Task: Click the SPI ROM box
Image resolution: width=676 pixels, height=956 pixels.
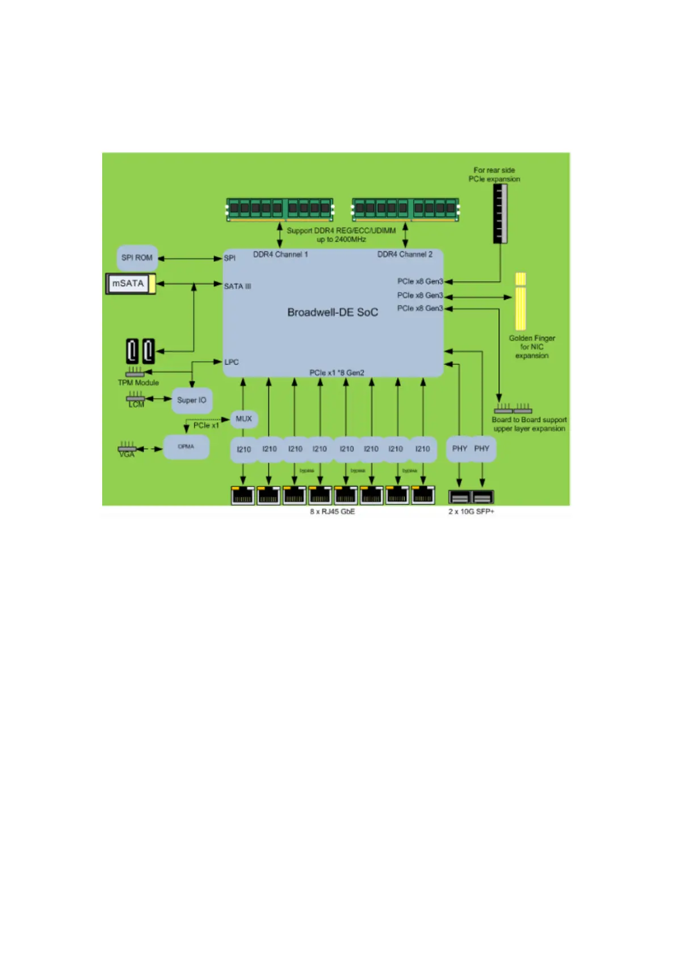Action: coord(137,258)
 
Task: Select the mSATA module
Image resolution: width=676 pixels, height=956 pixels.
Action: coord(130,284)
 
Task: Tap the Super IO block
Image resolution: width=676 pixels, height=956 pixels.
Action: coord(192,400)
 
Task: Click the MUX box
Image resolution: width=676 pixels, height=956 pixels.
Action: coord(243,419)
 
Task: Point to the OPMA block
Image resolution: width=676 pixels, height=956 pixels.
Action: coord(186,447)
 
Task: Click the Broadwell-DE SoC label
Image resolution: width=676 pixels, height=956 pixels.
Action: coord(333,312)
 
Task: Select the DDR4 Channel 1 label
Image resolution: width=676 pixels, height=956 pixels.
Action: coord(280,254)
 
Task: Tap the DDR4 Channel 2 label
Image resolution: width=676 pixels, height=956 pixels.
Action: coord(405,254)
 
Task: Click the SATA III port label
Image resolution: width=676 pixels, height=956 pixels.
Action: coord(237,287)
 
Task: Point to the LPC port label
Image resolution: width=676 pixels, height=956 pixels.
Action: coord(232,362)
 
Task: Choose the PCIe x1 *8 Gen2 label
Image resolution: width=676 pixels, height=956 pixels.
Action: coord(337,373)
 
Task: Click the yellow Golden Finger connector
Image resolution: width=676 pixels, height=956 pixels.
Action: coord(520,302)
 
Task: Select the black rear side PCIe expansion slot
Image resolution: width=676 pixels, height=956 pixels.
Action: coord(500,213)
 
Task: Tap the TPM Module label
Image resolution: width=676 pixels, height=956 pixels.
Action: coord(138,383)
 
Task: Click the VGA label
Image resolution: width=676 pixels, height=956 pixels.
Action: coord(127,455)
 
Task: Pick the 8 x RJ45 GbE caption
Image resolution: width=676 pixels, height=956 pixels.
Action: coord(332,511)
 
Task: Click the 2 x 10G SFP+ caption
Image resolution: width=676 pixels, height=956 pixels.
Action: coord(471,511)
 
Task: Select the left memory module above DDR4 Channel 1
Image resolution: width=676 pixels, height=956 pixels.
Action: coord(280,209)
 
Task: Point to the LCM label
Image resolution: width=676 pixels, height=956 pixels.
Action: coord(136,405)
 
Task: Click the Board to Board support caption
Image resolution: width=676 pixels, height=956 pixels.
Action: coord(529,420)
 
